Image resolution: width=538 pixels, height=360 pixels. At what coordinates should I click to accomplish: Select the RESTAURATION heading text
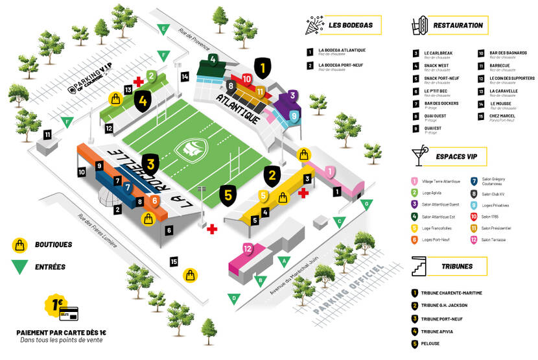click(x=458, y=25)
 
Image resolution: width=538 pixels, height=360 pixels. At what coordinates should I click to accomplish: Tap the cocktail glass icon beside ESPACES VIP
click(x=418, y=157)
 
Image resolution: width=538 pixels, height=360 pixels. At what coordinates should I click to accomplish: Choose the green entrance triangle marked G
click(x=367, y=204)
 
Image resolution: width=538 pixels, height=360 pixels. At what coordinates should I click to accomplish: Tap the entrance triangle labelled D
click(x=234, y=298)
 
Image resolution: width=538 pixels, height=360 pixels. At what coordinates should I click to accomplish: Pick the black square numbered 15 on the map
click(x=173, y=261)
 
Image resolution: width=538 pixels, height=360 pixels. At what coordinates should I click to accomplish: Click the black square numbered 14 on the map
click(x=185, y=77)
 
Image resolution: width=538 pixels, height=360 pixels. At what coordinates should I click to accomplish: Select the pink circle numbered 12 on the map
click(x=246, y=248)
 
